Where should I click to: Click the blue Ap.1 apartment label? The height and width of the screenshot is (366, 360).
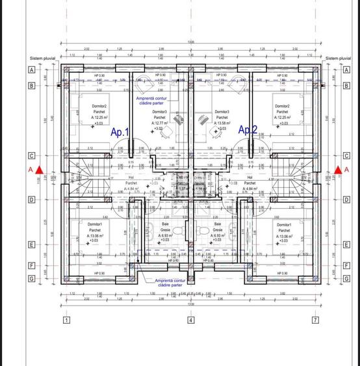coord(121,132)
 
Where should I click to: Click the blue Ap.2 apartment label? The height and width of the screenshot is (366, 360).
coord(248,130)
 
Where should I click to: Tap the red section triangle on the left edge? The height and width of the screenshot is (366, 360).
coord(39,170)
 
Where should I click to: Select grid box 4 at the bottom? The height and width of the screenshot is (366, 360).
coord(190,320)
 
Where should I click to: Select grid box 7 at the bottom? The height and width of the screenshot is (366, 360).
coord(315,320)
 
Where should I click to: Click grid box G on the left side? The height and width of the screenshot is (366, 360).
coord(30,279)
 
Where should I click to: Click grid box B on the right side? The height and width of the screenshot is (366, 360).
coord(346,85)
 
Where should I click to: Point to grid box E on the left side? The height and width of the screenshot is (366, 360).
coord(30,245)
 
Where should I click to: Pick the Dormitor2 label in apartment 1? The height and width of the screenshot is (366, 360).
coord(99,106)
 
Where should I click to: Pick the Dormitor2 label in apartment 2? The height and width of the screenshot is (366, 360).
coord(282,106)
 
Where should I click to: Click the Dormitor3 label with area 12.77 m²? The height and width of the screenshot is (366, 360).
coord(160,112)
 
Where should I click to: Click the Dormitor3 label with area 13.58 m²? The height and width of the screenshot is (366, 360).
coord(222,112)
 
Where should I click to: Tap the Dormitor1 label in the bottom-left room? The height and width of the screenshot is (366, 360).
coord(96,224)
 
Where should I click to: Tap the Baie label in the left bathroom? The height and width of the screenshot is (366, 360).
coord(165,224)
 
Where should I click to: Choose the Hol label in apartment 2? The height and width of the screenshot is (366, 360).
coord(250,177)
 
